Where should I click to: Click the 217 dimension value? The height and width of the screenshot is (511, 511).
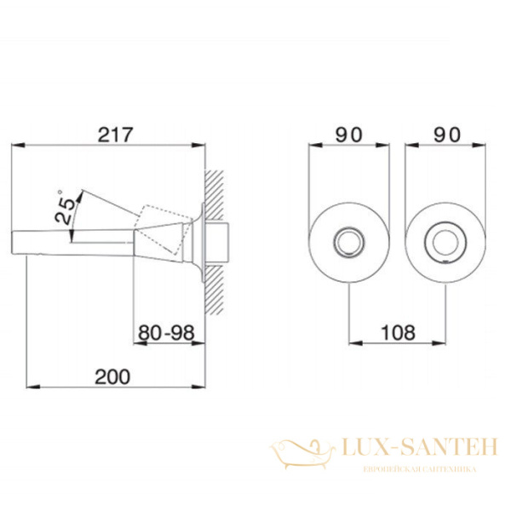(x=116, y=135)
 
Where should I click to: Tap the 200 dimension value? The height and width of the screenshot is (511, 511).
(x=112, y=376)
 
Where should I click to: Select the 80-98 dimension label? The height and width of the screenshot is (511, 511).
(x=166, y=333)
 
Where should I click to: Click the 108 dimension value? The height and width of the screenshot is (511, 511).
(x=398, y=332)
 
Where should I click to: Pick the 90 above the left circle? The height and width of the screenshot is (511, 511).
(x=348, y=135)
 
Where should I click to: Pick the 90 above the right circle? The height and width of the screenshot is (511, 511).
(x=447, y=135)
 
